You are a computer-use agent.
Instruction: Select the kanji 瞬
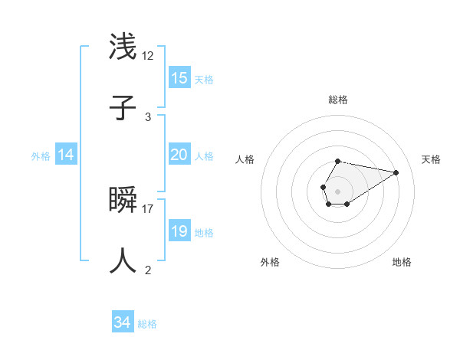(123, 200)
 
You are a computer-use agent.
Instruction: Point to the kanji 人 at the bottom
(123, 260)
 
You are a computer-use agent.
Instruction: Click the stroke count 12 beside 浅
(148, 56)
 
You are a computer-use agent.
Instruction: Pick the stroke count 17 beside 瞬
(148, 208)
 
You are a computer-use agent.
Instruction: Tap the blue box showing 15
(179, 78)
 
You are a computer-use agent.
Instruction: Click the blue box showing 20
(179, 155)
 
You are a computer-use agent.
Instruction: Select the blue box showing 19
(179, 231)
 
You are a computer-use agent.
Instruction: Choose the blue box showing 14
(66, 155)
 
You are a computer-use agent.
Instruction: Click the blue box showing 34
(122, 323)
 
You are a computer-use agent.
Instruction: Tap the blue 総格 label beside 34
(147, 324)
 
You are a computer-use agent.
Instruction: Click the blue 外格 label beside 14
(41, 156)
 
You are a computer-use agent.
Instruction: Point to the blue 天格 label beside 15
(204, 79)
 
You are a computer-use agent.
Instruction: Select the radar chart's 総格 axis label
(338, 100)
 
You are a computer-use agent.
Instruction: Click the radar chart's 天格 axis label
(432, 159)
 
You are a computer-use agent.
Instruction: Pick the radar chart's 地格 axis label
(402, 262)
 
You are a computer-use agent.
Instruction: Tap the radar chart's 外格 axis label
(270, 262)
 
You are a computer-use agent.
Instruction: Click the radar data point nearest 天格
(396, 172)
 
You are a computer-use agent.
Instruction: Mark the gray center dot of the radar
(337, 190)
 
